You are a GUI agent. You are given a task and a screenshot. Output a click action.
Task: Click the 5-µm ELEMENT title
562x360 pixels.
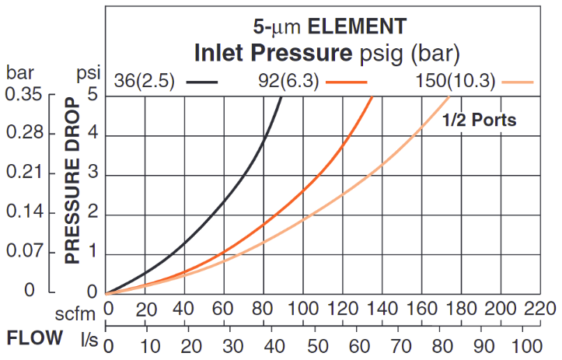[x=329, y=26]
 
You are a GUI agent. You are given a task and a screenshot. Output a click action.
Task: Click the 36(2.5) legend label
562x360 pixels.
[x=145, y=80]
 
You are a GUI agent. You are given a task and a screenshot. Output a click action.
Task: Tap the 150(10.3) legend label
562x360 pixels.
[x=454, y=80]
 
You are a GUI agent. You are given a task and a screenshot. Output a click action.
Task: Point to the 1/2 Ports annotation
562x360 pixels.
[x=479, y=121]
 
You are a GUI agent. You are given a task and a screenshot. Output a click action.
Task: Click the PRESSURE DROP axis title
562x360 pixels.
[x=73, y=181]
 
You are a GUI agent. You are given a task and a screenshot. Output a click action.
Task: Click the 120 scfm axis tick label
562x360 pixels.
[x=343, y=309]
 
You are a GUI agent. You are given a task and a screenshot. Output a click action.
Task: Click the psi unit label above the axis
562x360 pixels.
[x=89, y=75]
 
